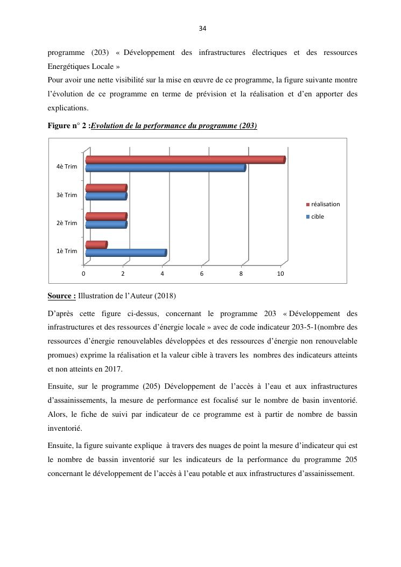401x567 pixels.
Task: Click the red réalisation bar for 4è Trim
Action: (x=185, y=160)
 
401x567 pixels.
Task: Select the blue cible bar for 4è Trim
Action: (x=165, y=168)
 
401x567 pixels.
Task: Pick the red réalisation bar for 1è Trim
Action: (x=96, y=244)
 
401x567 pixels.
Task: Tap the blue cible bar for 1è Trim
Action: (x=125, y=253)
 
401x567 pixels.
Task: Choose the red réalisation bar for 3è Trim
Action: (x=105, y=188)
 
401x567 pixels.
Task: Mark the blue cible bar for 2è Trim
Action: (x=105, y=225)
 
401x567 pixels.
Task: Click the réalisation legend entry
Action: (x=325, y=204)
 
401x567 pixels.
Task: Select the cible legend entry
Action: (x=318, y=216)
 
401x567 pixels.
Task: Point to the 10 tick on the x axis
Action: (x=280, y=274)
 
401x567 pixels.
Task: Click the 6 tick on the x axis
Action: (x=202, y=274)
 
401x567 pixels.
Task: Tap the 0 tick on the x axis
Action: (x=83, y=274)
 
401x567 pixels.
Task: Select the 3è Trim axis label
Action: (x=67, y=195)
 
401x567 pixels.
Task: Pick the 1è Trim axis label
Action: (x=67, y=251)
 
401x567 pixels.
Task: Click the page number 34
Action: (x=202, y=29)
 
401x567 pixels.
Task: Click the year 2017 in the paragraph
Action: (x=114, y=369)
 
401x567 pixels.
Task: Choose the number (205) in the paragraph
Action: (x=149, y=387)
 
